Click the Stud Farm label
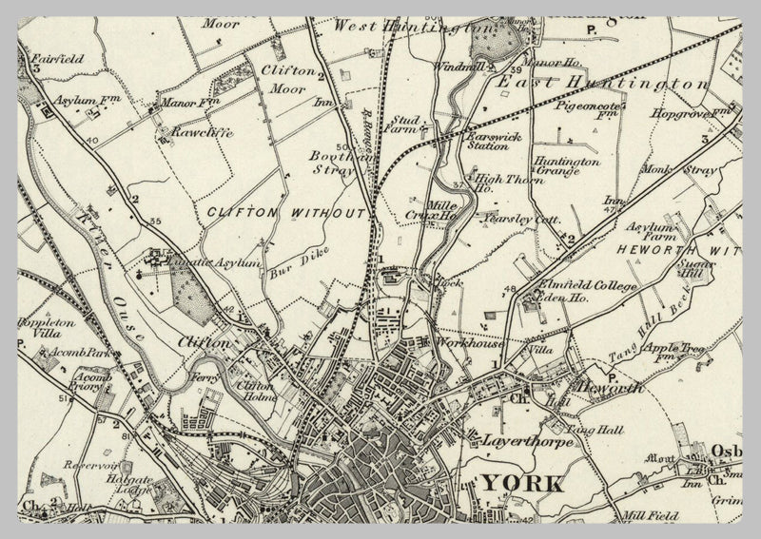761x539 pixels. tap(402, 123)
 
